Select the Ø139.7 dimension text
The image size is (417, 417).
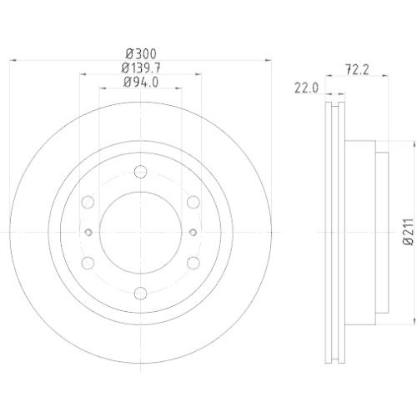pyautogui.click(x=140, y=67)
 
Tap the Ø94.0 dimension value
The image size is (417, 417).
pyautogui.click(x=140, y=82)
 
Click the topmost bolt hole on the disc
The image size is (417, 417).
pyautogui.click(x=140, y=173)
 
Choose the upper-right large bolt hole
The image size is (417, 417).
pyautogui.click(x=193, y=201)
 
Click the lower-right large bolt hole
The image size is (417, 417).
pyautogui.click(x=193, y=263)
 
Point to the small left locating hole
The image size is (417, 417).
pyautogui.click(x=88, y=232)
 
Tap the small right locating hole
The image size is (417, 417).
pyautogui.click(x=193, y=232)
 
